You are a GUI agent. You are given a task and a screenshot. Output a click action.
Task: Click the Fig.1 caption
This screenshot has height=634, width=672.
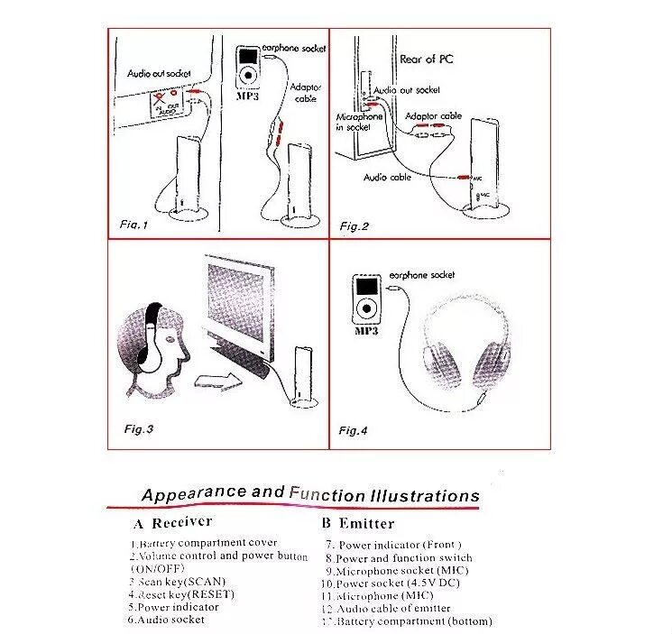coord(133,224)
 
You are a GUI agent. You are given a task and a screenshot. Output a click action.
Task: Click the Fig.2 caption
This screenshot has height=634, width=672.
coord(354,225)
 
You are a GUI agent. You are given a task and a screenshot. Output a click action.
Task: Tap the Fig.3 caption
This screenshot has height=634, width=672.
coord(138,428)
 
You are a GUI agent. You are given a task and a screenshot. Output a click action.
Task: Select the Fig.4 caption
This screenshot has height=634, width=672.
coord(354,430)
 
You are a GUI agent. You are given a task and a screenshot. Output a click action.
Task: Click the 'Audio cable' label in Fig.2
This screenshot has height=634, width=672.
coord(387,178)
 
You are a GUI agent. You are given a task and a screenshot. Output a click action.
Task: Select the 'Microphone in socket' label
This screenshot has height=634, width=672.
coord(359,122)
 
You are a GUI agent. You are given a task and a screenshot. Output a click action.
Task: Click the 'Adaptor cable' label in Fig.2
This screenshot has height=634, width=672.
coord(434,116)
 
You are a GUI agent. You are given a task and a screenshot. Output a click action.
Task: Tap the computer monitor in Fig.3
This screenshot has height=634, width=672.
coord(240,307)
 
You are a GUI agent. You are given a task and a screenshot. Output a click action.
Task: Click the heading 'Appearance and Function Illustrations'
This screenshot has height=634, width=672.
coord(310,494)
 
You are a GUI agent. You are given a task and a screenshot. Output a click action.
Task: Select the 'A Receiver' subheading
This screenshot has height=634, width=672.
coord(172,522)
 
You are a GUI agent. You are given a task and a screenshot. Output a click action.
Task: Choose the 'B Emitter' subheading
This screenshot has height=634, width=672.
coord(358,523)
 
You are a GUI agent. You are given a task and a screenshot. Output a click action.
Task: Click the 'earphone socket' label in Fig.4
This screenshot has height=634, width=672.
coord(422,275)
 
